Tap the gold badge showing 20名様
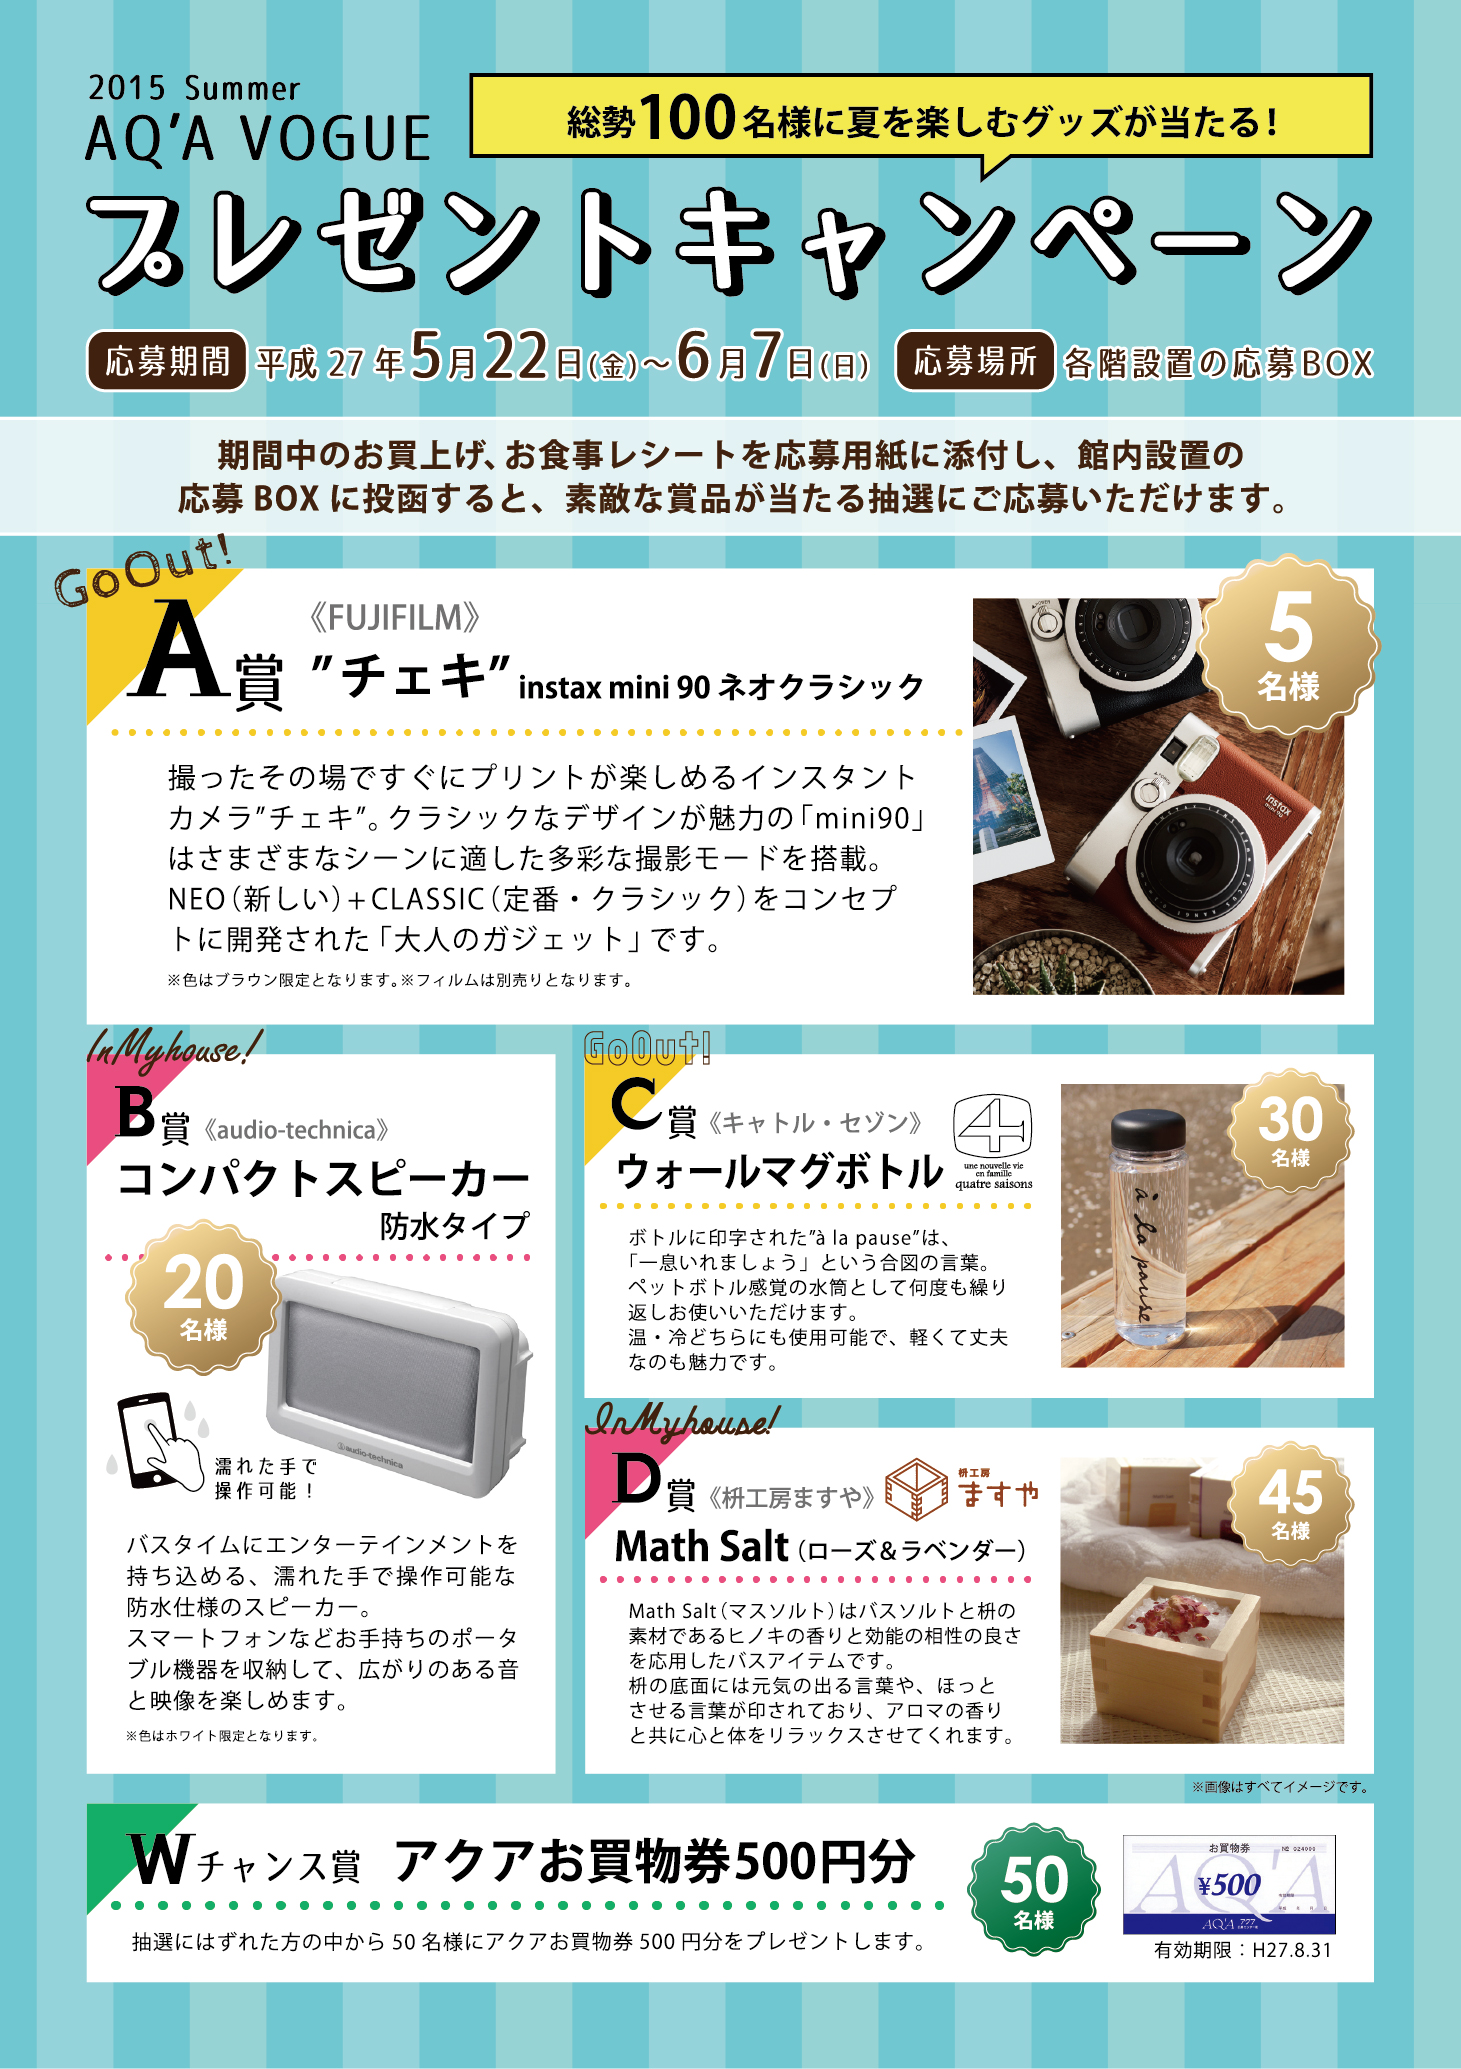(x=203, y=1297)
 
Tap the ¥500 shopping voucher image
(x=1229, y=1885)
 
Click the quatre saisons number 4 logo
(x=992, y=1141)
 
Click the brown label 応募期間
(x=167, y=361)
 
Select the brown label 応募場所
(x=975, y=361)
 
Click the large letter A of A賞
(x=180, y=651)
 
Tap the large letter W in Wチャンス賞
(x=160, y=1859)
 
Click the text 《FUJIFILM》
(x=394, y=618)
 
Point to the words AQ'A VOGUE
(x=258, y=138)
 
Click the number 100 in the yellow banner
(x=688, y=118)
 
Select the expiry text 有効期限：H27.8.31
(x=1243, y=1951)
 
